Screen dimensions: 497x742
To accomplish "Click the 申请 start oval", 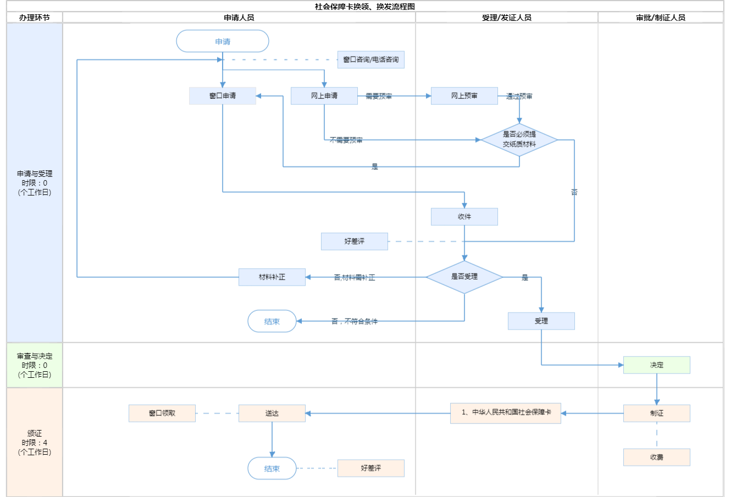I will [223, 41].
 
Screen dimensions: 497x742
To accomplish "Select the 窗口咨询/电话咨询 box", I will [371, 59].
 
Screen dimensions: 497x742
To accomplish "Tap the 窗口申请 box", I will [223, 96].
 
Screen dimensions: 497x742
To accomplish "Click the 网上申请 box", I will [324, 96].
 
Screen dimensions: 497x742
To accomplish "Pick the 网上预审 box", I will [464, 96].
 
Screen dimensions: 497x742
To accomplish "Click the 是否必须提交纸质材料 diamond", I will [519, 139].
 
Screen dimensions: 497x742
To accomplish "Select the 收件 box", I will [464, 216].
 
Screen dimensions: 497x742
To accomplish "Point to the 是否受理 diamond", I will [464, 277].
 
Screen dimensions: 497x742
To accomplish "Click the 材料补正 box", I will [272, 277].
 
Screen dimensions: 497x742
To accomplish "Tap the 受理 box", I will [541, 321].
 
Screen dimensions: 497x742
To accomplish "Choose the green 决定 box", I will [657, 365].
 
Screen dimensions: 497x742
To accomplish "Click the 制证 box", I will [657, 413].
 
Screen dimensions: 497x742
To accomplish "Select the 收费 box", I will [657, 457].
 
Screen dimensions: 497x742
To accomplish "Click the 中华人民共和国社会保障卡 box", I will [506, 412].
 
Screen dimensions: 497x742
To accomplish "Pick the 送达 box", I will [272, 413].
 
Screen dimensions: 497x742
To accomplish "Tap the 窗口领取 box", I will [162, 413].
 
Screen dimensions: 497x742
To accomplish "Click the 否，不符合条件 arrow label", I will [355, 321].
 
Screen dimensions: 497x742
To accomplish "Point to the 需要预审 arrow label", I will [379, 96].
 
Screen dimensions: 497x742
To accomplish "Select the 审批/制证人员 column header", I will [661, 18].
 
